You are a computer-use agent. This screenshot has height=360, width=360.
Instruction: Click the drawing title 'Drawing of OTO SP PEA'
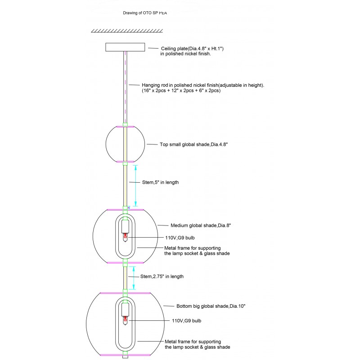pos(145,13)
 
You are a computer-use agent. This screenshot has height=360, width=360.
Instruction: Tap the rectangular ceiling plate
pos(125,47)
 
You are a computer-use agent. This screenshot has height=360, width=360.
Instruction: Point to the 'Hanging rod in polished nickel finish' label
pos(203,85)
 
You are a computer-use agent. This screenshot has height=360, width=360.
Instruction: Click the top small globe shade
pos(112,144)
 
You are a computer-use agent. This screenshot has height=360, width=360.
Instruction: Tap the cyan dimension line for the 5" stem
pos(136,185)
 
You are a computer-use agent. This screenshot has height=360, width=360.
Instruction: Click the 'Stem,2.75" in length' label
pos(162,276)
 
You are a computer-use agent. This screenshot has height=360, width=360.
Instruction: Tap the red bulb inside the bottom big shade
pos(126,321)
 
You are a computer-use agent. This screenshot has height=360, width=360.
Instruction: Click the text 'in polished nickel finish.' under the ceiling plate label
pos(183,54)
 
